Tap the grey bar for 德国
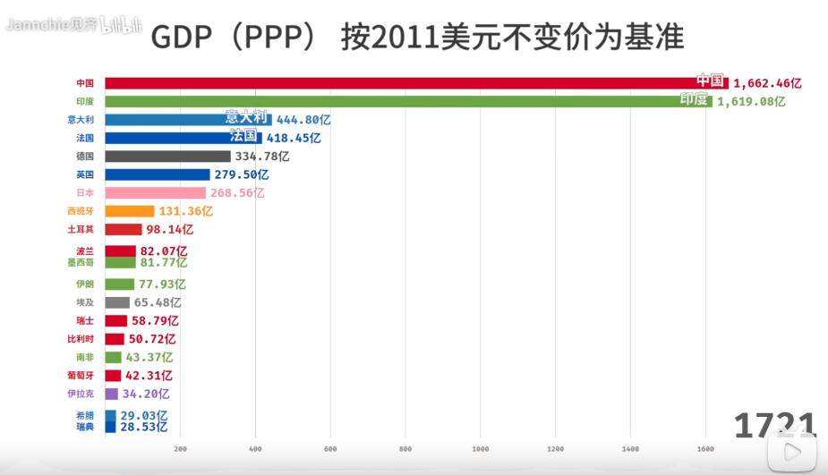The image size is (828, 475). coord(167,156)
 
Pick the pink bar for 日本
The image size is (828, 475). coord(155,192)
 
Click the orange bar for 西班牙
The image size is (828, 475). coord(130,211)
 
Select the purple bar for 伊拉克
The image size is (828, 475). coord(111,394)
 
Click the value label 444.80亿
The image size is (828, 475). coord(303,119)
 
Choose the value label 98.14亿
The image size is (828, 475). coord(169,229)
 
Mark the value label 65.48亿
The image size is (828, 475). coord(158,302)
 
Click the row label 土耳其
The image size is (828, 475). coord(81,229)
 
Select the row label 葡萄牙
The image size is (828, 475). coord(81,376)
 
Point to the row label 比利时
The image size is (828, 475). coord(81,339)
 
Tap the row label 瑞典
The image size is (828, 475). coord(85,427)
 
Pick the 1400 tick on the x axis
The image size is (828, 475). coord(630,449)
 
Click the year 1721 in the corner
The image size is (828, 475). coord(774,427)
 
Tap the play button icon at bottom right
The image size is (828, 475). coord(793,452)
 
